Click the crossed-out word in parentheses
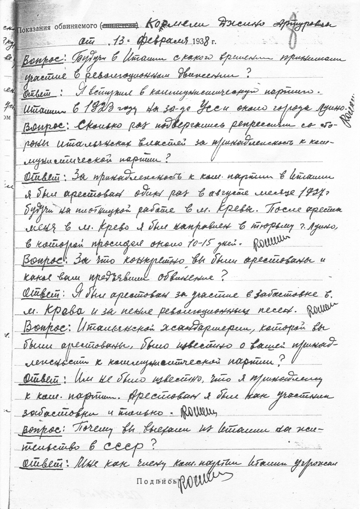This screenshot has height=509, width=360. coord(120,28)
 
